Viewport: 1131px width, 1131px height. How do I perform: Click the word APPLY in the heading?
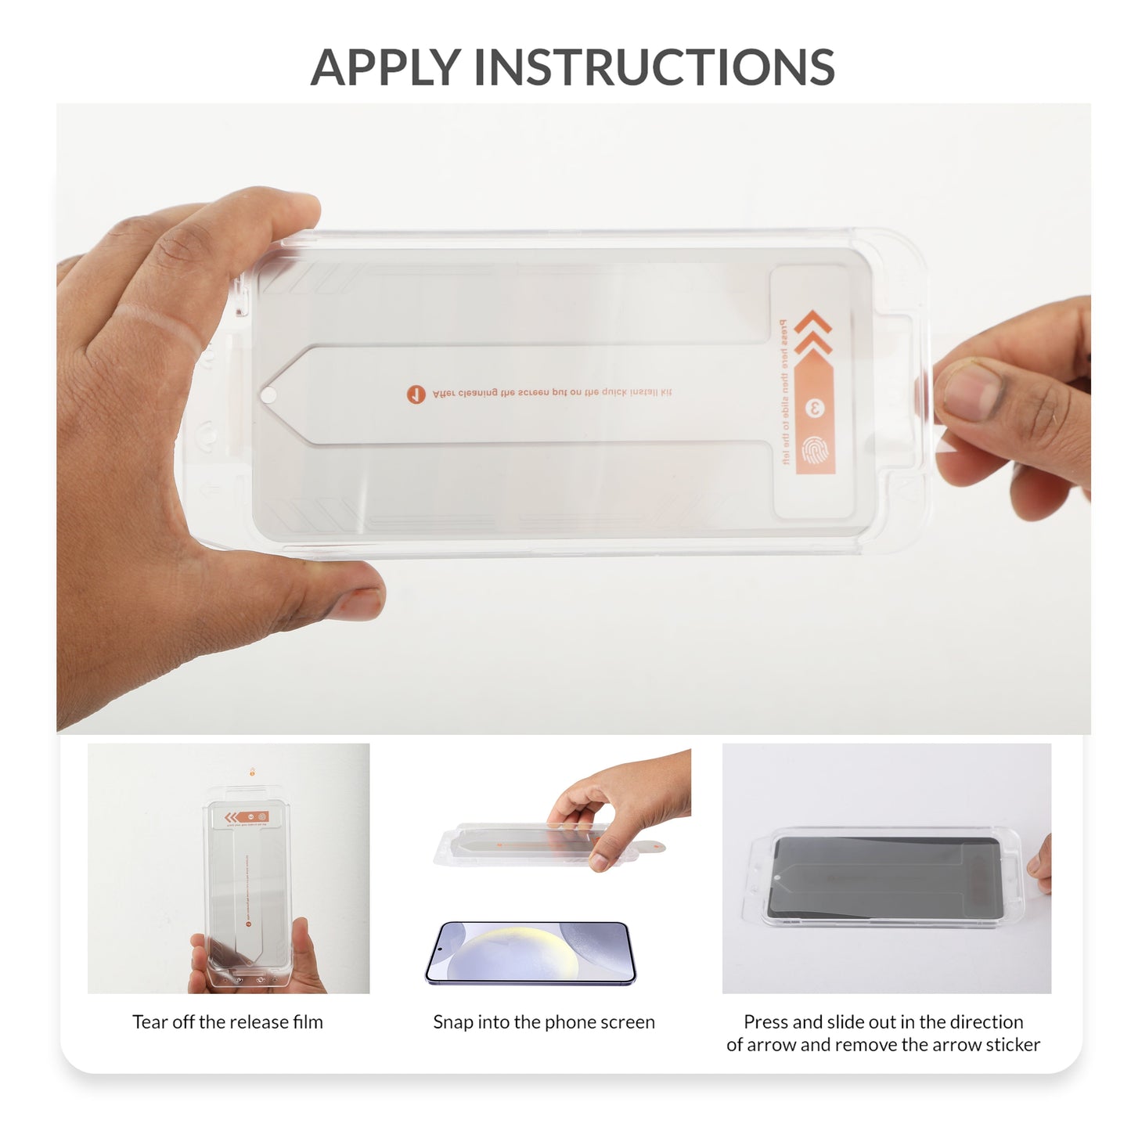(x=386, y=68)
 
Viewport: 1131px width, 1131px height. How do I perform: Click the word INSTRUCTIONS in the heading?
(x=654, y=68)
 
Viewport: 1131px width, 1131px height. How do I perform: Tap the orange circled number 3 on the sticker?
(x=814, y=409)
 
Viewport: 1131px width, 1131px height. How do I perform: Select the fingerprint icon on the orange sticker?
(x=814, y=450)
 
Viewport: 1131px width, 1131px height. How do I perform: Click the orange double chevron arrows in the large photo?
(x=812, y=333)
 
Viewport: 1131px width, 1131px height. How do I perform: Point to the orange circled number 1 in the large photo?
(x=416, y=394)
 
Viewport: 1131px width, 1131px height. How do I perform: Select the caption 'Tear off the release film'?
(x=227, y=1022)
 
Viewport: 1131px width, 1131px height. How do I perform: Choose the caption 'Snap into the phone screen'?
(x=543, y=1022)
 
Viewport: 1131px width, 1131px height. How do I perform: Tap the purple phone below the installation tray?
(x=530, y=953)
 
